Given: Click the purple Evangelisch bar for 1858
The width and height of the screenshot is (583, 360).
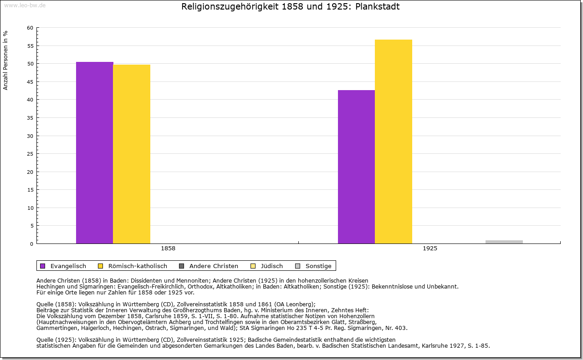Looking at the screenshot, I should coord(94,152).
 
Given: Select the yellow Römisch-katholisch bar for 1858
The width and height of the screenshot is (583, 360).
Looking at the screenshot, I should coord(132,154).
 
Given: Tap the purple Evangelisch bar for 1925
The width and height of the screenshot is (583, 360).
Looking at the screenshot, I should coord(356,167).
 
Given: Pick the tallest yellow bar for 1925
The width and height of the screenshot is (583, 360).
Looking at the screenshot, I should coord(394,142).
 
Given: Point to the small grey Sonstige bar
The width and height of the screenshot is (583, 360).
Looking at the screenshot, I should coord(504,242).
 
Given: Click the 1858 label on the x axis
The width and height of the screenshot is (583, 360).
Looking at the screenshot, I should coord(168,249).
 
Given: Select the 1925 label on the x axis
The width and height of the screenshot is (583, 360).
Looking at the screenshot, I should coord(430,249).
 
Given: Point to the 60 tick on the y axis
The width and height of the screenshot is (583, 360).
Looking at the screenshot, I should coord(30,28).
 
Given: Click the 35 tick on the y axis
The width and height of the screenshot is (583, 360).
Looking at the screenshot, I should coord(30,117).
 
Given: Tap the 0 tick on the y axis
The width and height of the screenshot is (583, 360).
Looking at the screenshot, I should coord(31,243).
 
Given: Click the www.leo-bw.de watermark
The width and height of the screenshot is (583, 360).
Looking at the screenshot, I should coord(25,5).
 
